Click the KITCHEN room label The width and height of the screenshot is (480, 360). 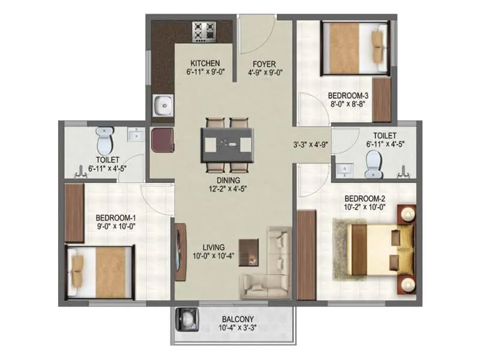click(x=205, y=64)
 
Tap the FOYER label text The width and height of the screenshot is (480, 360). click(x=264, y=64)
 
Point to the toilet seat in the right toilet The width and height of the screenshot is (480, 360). click(x=373, y=160)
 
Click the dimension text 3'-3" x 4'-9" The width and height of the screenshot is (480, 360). click(x=307, y=145)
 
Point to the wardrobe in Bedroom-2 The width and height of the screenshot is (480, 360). click(x=306, y=254)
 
